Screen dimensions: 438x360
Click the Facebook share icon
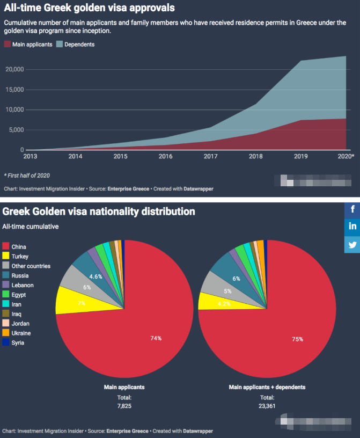coord(352,209)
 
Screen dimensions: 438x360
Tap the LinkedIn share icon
coord(352,227)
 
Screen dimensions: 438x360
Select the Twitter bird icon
coord(352,244)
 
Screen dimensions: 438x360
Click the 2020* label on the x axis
coord(345,156)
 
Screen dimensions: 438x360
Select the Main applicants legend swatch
coord(7,45)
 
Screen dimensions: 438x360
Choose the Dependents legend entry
coord(79,45)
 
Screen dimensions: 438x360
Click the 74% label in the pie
coord(156,338)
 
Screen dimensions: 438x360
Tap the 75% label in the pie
coord(298,339)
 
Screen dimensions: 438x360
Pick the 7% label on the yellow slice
coord(82,303)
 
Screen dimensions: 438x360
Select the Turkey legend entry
coord(20,256)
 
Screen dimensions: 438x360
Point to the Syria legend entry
coord(18,342)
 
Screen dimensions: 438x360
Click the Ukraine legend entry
coord(21,333)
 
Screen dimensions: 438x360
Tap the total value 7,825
coord(124,406)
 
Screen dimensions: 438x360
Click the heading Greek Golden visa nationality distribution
coord(99,211)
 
